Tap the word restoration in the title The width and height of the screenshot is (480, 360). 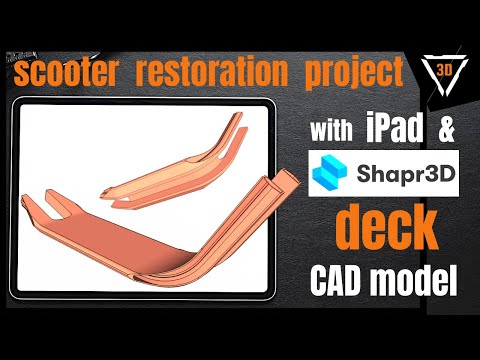coord(214,73)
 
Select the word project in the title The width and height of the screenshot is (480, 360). coord(350,73)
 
